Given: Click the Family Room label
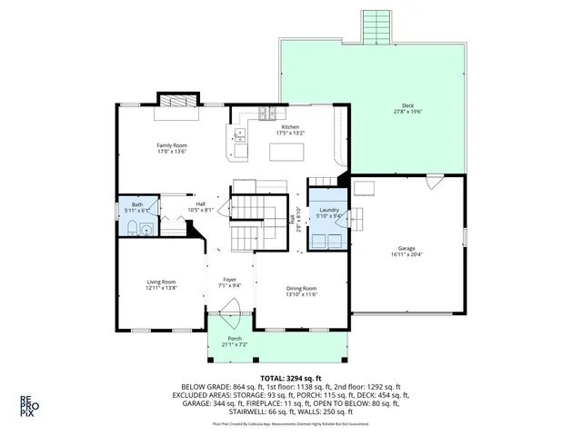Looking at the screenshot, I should (172, 145).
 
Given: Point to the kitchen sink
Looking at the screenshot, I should (240, 136).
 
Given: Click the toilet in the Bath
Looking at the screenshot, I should (132, 228).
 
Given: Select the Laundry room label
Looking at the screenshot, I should (328, 210).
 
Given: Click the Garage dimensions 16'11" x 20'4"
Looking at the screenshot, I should (406, 254).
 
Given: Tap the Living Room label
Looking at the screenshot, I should (161, 282).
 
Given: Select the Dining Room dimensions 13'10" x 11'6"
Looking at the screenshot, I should (301, 294).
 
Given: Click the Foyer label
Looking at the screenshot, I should (230, 279).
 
